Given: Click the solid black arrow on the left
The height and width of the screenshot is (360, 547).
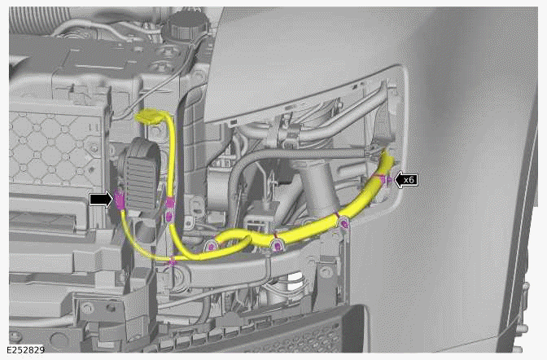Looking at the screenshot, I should (x=100, y=198).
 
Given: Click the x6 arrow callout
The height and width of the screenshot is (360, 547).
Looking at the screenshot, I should (x=406, y=179).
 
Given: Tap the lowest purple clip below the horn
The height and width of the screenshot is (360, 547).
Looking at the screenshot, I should (x=173, y=262).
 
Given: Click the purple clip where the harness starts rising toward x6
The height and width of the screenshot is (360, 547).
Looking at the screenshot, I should (x=343, y=221).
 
